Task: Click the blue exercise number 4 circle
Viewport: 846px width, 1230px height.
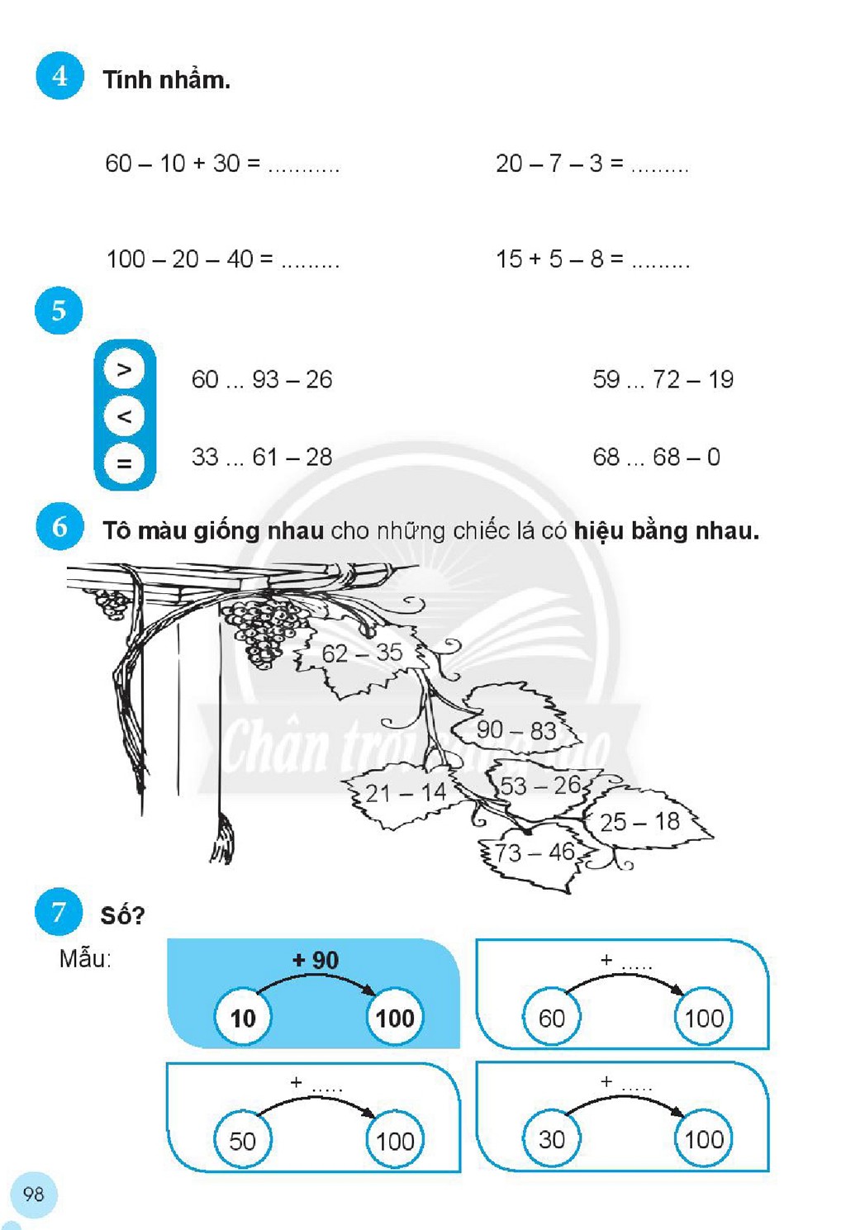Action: (x=59, y=76)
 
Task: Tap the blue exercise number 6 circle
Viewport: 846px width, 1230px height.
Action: (x=59, y=527)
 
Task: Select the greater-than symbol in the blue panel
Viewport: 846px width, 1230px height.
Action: (x=125, y=369)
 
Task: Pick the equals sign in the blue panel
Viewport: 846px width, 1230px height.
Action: (x=125, y=463)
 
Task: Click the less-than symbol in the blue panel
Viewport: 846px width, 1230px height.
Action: (x=125, y=416)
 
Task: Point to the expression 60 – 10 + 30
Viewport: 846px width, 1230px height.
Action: (x=183, y=163)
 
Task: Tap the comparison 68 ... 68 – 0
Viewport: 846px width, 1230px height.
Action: (x=657, y=457)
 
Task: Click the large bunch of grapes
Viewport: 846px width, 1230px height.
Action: (x=264, y=631)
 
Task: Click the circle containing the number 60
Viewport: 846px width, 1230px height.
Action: (x=552, y=1018)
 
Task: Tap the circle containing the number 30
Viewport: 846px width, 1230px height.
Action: (x=552, y=1139)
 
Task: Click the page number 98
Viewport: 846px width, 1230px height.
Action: (x=34, y=1194)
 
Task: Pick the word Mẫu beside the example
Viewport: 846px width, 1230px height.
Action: (x=85, y=960)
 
